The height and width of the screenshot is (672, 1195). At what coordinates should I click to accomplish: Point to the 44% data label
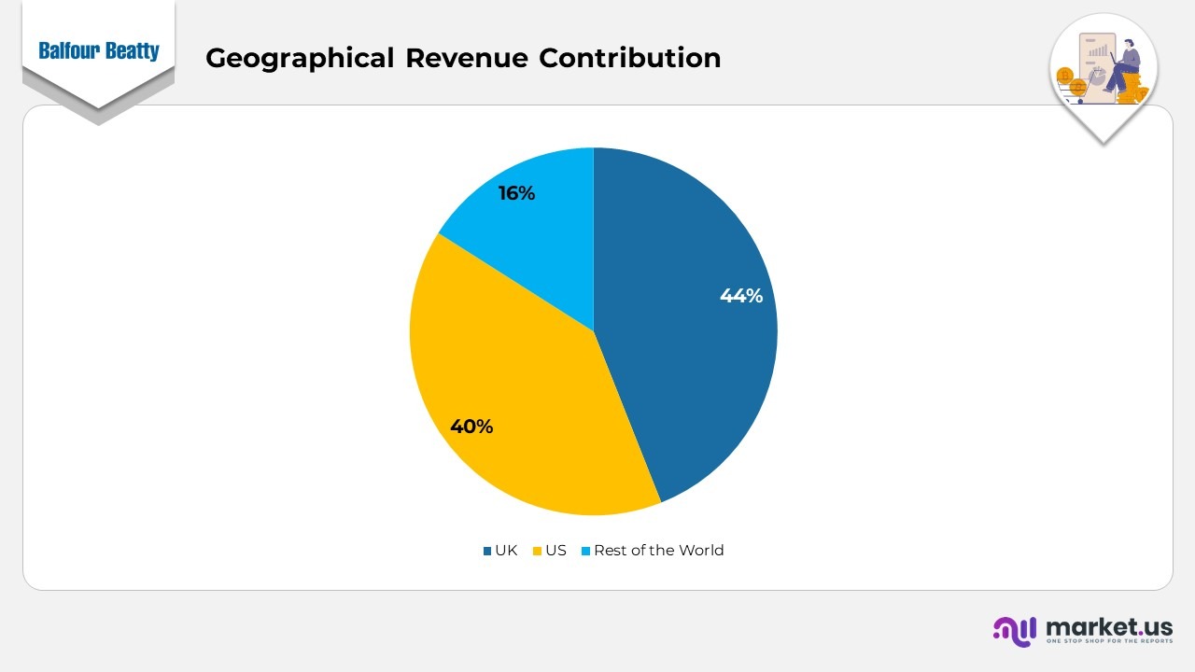pyautogui.click(x=741, y=296)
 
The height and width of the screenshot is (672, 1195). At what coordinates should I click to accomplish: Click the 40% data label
pyautogui.click(x=471, y=427)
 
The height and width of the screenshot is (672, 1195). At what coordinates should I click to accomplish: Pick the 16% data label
pyautogui.click(x=516, y=193)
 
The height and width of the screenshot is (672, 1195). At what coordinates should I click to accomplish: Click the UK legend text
pyautogui.click(x=506, y=551)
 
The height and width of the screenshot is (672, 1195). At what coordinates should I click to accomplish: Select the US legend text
pyautogui.click(x=555, y=551)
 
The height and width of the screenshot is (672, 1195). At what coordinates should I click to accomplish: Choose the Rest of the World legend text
pyautogui.click(x=658, y=551)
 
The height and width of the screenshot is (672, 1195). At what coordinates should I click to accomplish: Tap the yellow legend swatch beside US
pyautogui.click(x=537, y=552)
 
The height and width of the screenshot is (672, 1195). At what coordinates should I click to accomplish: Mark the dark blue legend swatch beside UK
pyautogui.click(x=487, y=552)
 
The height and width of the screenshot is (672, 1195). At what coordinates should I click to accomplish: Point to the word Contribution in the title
pyautogui.click(x=629, y=58)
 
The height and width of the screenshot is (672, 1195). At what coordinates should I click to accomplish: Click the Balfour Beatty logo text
pyautogui.click(x=99, y=51)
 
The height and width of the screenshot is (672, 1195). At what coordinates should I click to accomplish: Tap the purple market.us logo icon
pyautogui.click(x=1015, y=630)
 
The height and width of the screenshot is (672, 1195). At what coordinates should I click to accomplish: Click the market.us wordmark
pyautogui.click(x=1109, y=626)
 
